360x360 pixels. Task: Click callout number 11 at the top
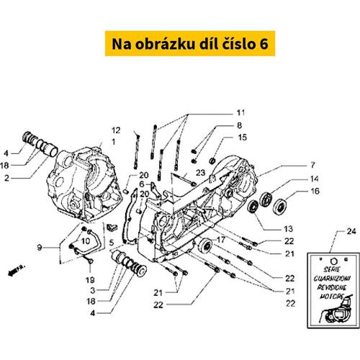[240, 112]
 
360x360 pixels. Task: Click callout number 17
[222, 240]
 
